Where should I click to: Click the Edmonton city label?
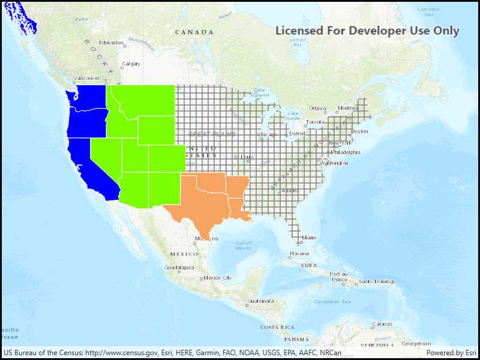pos(111,43)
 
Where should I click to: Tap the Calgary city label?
pos(131,64)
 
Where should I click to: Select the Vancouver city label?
pos(87,79)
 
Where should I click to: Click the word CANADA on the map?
pos(194,32)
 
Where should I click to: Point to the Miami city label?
pos(309,238)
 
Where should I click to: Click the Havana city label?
pos(299,253)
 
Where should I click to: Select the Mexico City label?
pos(217,278)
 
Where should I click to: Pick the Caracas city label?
pos(382,324)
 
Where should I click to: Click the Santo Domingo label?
pos(377,281)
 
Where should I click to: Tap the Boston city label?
pos(359,131)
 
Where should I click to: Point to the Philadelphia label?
pos(346,152)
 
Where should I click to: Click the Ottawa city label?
pos(317,108)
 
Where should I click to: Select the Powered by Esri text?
pos(451,353)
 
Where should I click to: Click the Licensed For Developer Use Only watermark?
pos(367,31)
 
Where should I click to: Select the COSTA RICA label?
pos(277,327)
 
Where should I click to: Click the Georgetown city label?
pos(416,344)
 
